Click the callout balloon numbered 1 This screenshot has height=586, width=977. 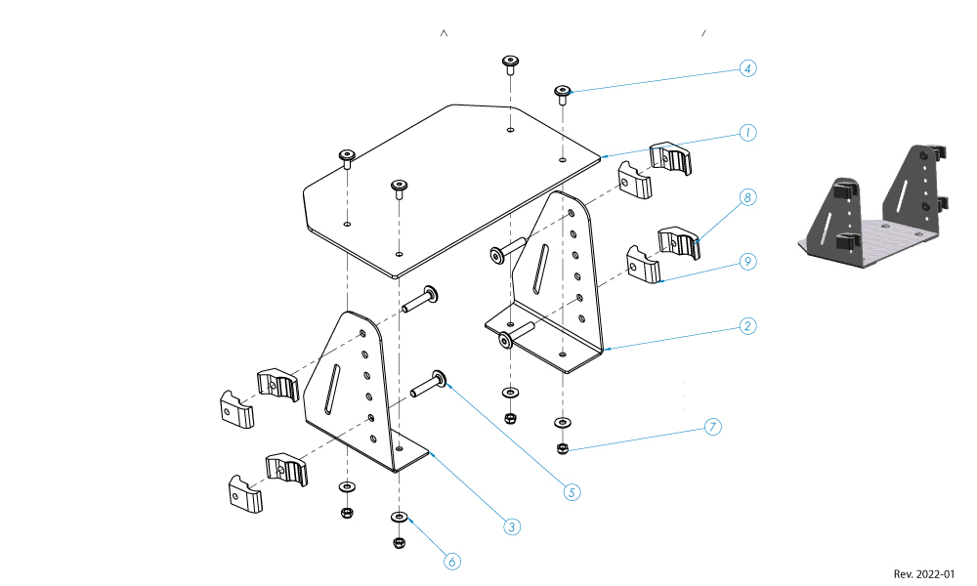(747, 132)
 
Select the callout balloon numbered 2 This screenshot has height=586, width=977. (747, 325)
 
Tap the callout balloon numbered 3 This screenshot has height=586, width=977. (511, 526)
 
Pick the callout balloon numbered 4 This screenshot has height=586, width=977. (747, 68)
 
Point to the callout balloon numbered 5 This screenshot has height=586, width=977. (572, 492)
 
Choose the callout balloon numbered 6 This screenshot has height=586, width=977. (451, 561)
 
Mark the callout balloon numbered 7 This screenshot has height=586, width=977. (712, 427)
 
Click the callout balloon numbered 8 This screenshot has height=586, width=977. (747, 198)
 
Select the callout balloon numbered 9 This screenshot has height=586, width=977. (747, 262)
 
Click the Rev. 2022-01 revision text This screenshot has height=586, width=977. (923, 574)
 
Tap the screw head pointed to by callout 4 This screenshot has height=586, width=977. (563, 92)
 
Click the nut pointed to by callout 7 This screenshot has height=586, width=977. (563, 448)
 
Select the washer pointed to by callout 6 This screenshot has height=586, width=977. (399, 515)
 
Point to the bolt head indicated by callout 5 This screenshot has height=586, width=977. (439, 377)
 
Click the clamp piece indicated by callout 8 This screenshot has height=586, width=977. (680, 242)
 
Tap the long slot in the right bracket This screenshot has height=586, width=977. (539, 271)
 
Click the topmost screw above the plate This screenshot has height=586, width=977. (510, 63)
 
